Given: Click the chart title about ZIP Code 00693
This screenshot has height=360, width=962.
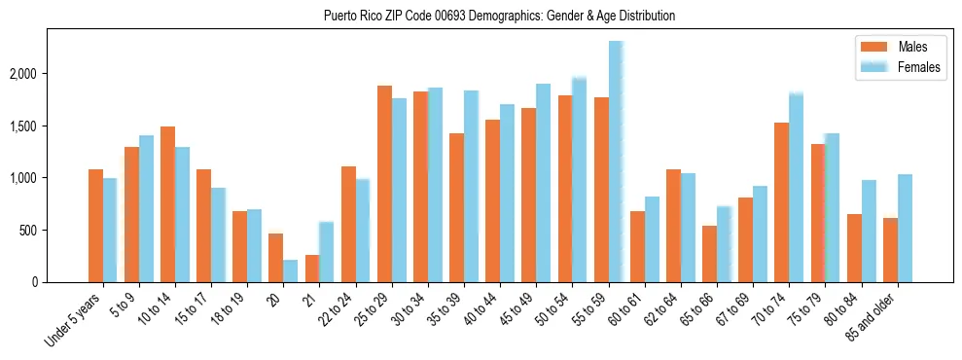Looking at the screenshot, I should [500, 16].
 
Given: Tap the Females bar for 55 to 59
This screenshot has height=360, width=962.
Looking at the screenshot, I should [616, 162].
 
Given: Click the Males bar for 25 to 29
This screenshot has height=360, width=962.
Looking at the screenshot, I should [384, 184].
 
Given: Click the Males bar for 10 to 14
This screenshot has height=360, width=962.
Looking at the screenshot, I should [167, 204].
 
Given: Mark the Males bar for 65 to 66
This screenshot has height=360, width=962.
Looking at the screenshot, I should [709, 254].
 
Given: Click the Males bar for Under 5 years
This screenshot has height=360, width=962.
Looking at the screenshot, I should [95, 226].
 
